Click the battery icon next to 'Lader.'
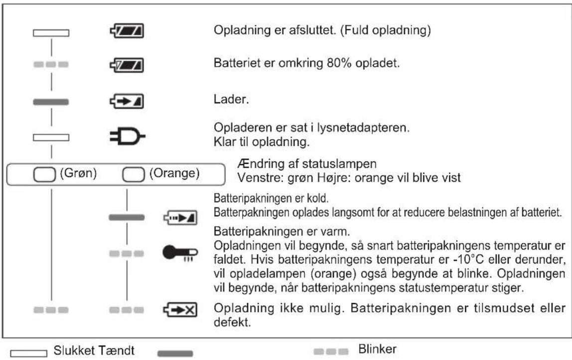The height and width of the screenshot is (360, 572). [x=127, y=102]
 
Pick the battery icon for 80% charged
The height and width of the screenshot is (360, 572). [x=127, y=65]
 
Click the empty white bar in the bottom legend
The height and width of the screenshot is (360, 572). [x=29, y=353]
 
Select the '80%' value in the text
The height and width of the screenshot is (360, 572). [x=309, y=65]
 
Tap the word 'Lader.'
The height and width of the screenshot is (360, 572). [x=224, y=100]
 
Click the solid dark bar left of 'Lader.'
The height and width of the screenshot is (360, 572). [x=51, y=102]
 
